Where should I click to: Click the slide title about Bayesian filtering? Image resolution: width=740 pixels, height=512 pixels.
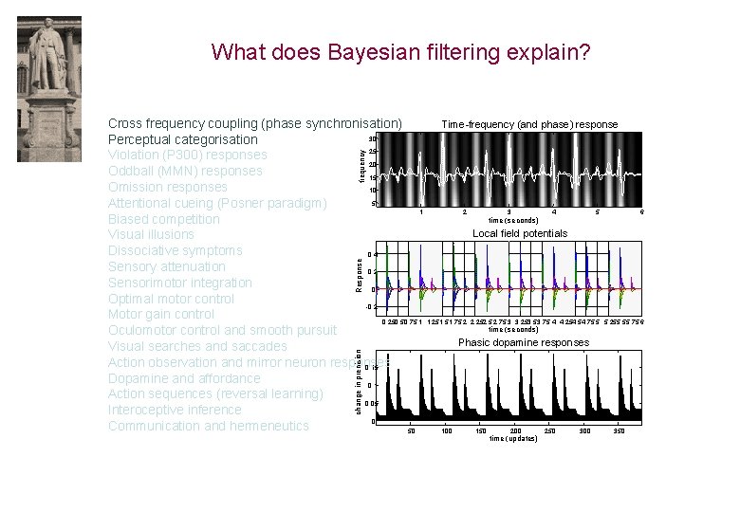pyautogui.click(x=401, y=51)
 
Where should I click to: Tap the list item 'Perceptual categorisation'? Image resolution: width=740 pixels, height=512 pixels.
pyautogui.click(x=182, y=139)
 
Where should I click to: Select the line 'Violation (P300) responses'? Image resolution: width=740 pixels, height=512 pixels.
pyautogui.click(x=187, y=155)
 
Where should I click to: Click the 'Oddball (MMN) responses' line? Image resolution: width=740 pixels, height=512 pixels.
pyautogui.click(x=185, y=171)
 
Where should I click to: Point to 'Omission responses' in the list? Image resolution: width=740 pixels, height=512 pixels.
pyautogui.click(x=167, y=187)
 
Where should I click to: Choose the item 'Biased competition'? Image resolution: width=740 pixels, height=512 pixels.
pyautogui.click(x=163, y=219)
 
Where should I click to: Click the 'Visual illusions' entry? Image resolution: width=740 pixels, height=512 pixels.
pyautogui.click(x=151, y=234)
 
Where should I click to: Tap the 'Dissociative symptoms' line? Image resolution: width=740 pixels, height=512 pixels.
pyautogui.click(x=175, y=250)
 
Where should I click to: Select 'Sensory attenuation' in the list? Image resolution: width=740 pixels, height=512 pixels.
pyautogui.click(x=166, y=266)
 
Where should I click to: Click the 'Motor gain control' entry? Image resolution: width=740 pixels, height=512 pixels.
pyautogui.click(x=160, y=314)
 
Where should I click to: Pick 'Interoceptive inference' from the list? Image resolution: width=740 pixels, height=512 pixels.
pyautogui.click(x=175, y=410)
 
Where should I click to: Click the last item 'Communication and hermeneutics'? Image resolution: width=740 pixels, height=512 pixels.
pyautogui.click(x=208, y=426)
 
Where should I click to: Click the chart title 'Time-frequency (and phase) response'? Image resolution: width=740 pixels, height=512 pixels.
pyautogui.click(x=529, y=124)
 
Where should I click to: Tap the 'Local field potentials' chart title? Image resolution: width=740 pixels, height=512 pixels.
pyautogui.click(x=520, y=233)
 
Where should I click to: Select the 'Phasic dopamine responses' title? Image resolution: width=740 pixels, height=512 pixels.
pyautogui.click(x=524, y=342)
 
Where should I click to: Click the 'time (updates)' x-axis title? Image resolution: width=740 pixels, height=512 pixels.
pyautogui.click(x=512, y=439)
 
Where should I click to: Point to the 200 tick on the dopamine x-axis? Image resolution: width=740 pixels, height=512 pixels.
pyautogui.click(x=515, y=430)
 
